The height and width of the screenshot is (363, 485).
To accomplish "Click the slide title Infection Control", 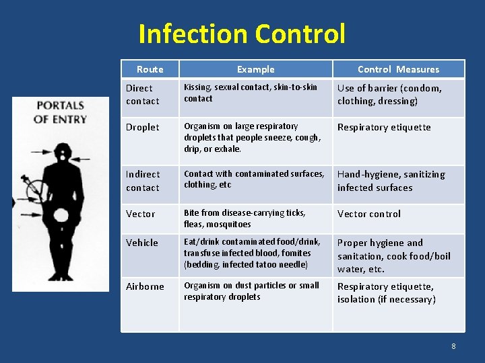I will pyautogui.click(x=242, y=34).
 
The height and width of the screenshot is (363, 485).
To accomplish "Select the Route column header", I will pyautogui.click(x=150, y=69).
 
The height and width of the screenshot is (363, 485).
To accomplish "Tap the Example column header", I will pyautogui.click(x=255, y=69).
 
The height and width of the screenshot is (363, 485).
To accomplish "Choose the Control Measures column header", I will pyautogui.click(x=398, y=69).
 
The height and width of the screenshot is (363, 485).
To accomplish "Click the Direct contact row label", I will pyautogui.click(x=142, y=95).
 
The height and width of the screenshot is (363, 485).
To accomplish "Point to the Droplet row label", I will pyautogui.click(x=142, y=127).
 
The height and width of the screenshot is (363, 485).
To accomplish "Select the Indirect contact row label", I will pyautogui.click(x=142, y=181).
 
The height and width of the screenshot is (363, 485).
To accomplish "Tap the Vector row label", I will pyautogui.click(x=140, y=214).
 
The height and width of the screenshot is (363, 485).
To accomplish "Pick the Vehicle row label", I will pyautogui.click(x=141, y=243).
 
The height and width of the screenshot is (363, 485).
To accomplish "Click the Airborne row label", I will pyautogui.click(x=144, y=286).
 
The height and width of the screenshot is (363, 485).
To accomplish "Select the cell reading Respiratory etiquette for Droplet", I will pyautogui.click(x=383, y=127).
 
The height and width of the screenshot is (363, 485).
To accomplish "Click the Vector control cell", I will pyautogui.click(x=368, y=214).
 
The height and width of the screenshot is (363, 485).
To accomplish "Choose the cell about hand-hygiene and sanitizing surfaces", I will pyautogui.click(x=391, y=181).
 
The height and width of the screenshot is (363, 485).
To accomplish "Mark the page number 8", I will pyautogui.click(x=453, y=346).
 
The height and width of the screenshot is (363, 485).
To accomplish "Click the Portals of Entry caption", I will pyautogui.click(x=61, y=112).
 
